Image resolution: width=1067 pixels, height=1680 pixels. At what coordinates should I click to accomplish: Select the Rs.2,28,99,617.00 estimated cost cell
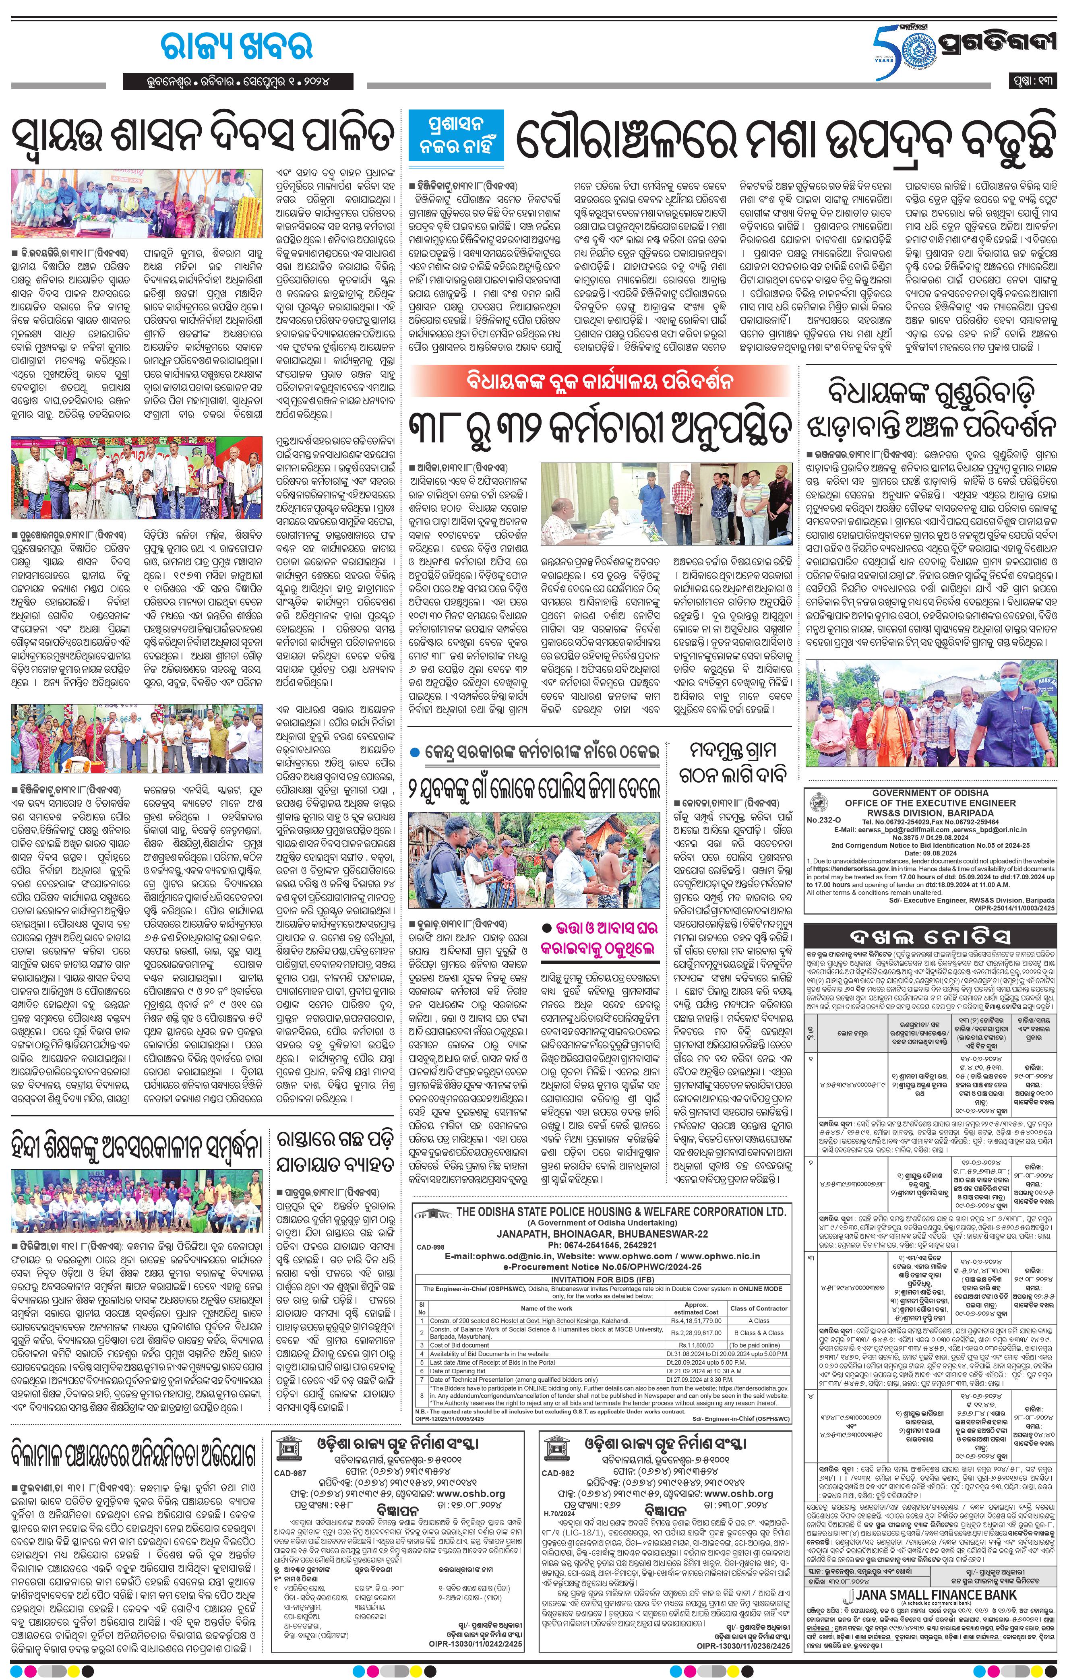tap(696, 1332)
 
